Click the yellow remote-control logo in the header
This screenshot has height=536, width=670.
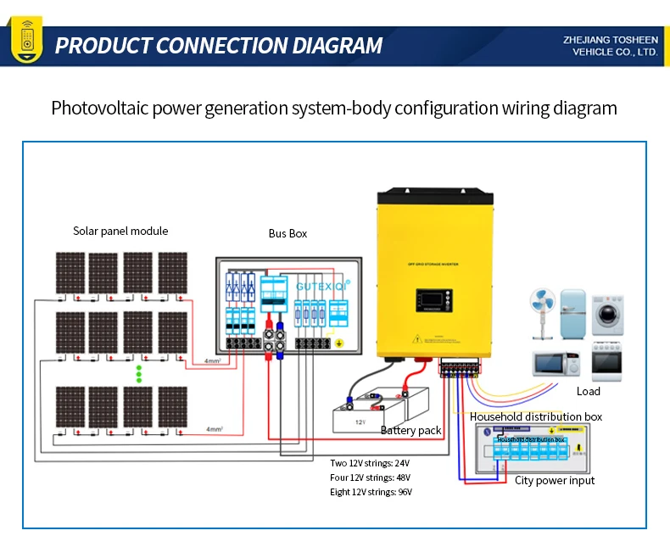click(25, 44)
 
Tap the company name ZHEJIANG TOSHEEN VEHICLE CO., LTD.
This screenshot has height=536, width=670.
click(610, 46)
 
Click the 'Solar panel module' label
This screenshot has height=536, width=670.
click(120, 232)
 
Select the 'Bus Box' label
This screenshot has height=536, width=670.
click(288, 233)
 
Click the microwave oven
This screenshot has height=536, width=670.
click(556, 362)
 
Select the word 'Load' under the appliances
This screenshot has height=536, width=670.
click(588, 391)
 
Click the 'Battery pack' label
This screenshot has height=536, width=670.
click(411, 431)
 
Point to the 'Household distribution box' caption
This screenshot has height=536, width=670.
click(535, 416)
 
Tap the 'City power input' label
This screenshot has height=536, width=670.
click(555, 480)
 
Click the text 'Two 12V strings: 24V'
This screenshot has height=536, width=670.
click(370, 463)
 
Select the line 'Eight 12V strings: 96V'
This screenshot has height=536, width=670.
click(371, 492)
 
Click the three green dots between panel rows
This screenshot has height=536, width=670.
click(138, 374)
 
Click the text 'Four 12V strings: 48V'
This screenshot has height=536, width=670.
click(371, 477)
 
